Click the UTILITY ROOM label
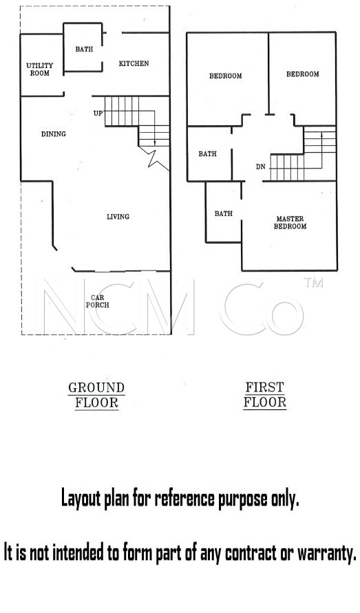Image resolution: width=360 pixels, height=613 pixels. coord(39,69)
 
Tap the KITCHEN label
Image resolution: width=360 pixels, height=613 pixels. coord(134,63)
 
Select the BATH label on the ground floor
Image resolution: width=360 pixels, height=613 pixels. coord(84,50)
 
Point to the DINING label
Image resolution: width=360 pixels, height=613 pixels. coord(54,134)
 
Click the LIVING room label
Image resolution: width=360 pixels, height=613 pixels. coord(118,217)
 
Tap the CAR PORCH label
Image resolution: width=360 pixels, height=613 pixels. coord(98,301)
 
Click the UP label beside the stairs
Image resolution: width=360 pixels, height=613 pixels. coord(98,114)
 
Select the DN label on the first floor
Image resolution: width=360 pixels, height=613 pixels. coord(261,167)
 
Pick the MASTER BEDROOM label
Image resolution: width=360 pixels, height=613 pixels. coord(290,222)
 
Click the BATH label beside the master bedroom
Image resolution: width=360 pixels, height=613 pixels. coord(224,214)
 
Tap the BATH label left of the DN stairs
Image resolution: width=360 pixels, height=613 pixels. coord(207,154)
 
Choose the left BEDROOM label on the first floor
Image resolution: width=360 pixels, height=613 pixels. coord(225,76)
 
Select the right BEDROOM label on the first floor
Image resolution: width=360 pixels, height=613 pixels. coord(302,74)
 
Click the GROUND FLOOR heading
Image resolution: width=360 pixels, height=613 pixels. coord(96,395)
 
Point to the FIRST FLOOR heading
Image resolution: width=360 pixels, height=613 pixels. coord(264,395)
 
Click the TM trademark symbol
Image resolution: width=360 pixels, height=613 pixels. coord(313,282)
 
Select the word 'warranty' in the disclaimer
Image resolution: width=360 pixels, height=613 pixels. coord(327,552)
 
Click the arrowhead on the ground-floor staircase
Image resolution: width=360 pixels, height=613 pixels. coord(155,143)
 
